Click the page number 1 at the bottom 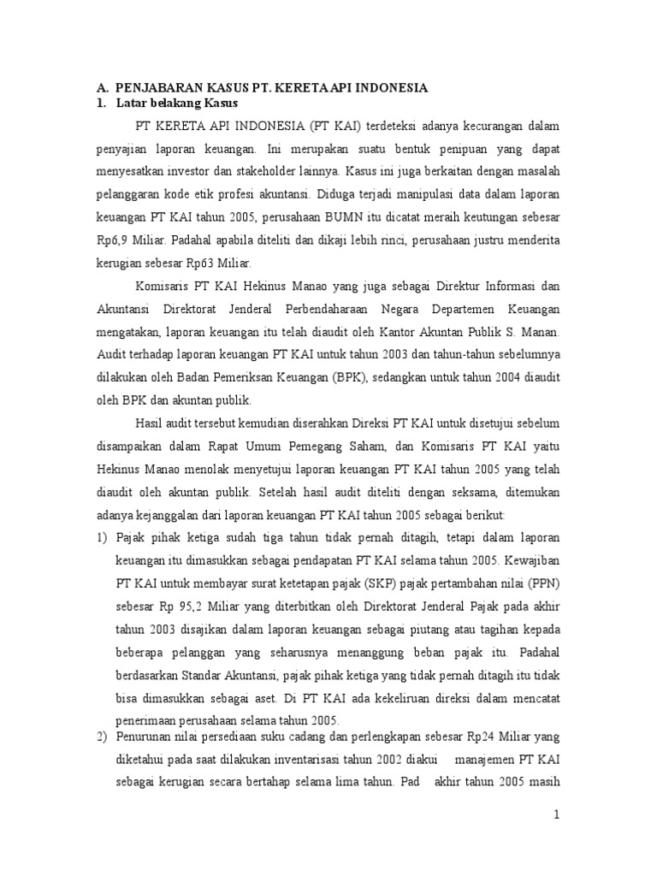(x=555, y=815)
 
